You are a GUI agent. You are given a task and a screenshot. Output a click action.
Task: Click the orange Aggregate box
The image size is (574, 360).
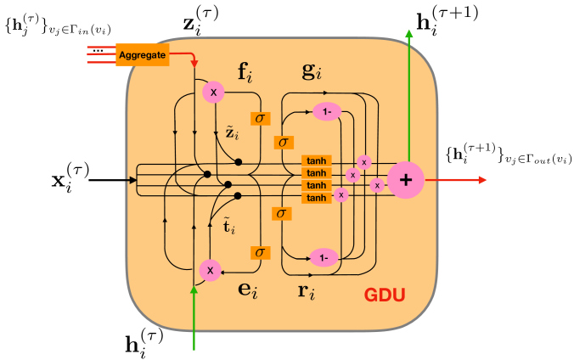tap(143, 54)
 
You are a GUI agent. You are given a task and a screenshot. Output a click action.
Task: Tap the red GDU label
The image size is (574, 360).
tap(385, 295)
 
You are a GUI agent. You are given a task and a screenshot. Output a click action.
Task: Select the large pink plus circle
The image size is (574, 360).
tap(406, 180)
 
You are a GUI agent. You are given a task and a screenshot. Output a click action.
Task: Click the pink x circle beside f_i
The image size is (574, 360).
tap(213, 92)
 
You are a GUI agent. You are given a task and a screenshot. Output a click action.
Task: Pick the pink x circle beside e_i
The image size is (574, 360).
tap(210, 270)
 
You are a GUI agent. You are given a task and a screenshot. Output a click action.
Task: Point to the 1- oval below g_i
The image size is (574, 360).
tap(327, 112)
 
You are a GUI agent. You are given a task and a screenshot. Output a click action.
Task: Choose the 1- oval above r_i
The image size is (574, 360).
tap(324, 258)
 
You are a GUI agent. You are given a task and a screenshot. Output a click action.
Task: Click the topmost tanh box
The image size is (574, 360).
tap(317, 160)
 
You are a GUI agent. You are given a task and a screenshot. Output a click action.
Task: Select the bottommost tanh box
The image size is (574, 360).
tap(317, 198)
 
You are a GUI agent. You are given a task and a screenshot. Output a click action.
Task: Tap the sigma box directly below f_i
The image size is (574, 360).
tap(261, 118)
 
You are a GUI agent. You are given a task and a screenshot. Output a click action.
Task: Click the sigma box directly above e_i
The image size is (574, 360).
tap(261, 253)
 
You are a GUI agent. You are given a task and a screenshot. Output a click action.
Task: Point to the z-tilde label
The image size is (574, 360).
tap(232, 133)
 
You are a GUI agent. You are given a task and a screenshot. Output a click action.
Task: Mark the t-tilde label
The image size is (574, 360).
tap(229, 227)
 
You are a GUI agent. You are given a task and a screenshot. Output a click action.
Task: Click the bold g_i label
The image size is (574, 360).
tap(312, 71)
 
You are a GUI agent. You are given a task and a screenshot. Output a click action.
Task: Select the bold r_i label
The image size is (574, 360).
tap(307, 292)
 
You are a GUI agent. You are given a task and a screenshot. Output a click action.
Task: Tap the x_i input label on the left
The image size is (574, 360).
tap(70, 178)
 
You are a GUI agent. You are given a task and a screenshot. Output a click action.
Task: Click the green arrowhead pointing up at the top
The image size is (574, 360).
tap(409, 34)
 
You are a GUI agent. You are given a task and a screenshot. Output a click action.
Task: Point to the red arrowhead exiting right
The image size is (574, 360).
tap(482, 180)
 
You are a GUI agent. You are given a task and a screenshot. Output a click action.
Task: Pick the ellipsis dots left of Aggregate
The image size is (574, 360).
tap(98, 51)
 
